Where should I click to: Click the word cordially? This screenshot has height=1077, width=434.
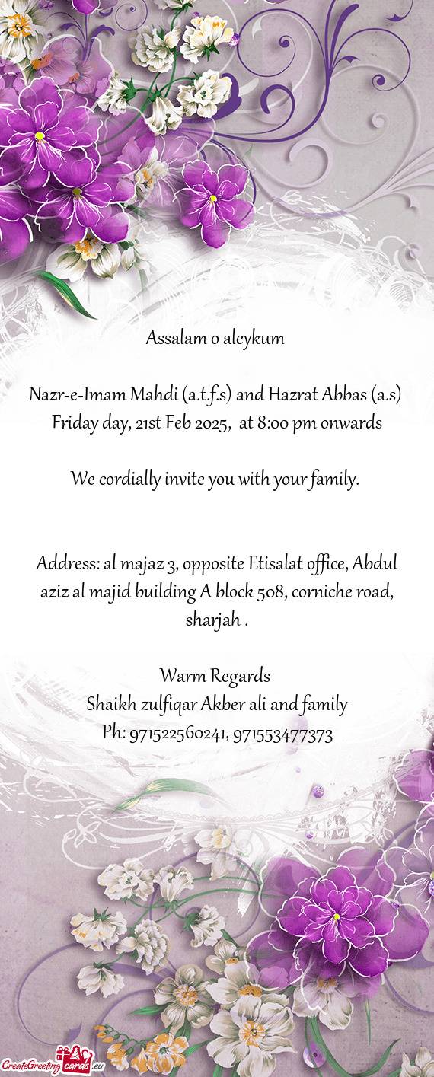pos(126,480)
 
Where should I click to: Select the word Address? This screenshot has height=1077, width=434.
pos(66,565)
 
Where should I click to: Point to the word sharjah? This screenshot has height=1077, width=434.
pos(212,620)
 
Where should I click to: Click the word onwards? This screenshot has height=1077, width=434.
pos(351,422)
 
